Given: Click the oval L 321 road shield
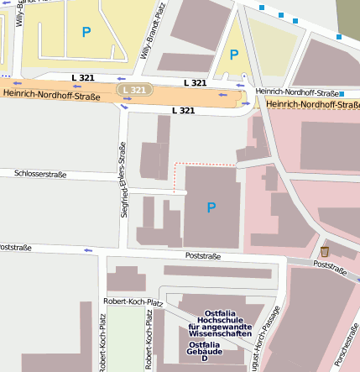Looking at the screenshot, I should [x=133, y=90].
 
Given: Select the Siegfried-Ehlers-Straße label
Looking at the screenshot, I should [x=124, y=180].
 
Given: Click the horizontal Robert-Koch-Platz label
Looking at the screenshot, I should [x=132, y=301].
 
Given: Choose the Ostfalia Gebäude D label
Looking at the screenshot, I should [x=204, y=351].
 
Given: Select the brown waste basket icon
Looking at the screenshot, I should [x=325, y=252].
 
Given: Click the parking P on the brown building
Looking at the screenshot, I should [x=211, y=207].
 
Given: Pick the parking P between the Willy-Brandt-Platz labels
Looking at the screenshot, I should [x=86, y=33].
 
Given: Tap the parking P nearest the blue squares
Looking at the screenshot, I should [x=234, y=55].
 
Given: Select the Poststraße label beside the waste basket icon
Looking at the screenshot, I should [x=330, y=267].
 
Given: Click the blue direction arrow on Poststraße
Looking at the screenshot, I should [x=87, y=249].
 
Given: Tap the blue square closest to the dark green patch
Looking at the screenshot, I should [x=339, y=37].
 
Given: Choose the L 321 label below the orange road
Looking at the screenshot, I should [x=184, y=111].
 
